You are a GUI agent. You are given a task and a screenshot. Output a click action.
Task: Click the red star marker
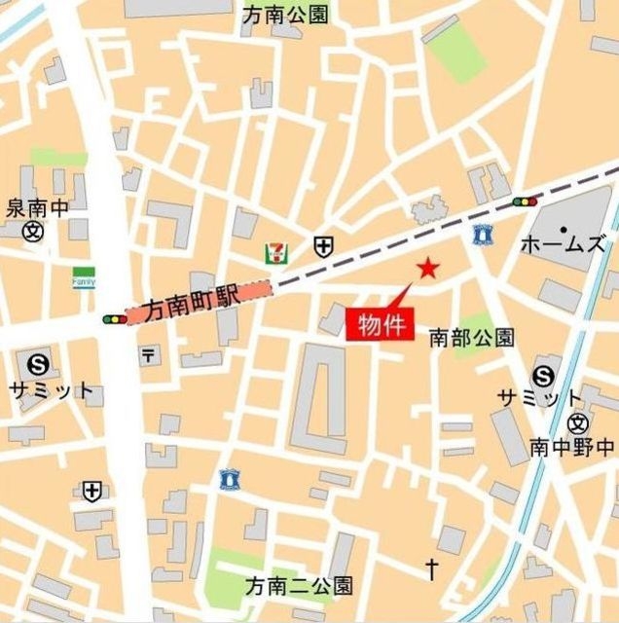pyautogui.click(x=426, y=269)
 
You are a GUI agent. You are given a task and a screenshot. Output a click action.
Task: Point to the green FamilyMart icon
pyautogui.click(x=85, y=278)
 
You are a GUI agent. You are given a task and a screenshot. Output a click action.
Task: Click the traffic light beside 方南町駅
pyautogui.click(x=114, y=318)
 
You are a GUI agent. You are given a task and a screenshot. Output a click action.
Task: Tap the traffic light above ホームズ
pyautogui.click(x=525, y=202)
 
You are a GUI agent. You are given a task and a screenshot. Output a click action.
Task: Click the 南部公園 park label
pyautogui.click(x=472, y=338)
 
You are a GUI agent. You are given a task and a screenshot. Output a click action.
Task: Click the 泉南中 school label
pyautogui.click(x=39, y=207)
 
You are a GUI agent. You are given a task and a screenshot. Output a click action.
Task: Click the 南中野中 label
pyautogui.click(x=572, y=447)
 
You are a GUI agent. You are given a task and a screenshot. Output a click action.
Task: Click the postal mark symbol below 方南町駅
pyautogui.click(x=148, y=356)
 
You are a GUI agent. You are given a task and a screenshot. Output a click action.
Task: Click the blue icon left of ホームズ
pyautogui.click(x=480, y=235)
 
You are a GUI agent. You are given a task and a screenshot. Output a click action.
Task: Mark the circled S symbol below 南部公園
pyautogui.click(x=543, y=376)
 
